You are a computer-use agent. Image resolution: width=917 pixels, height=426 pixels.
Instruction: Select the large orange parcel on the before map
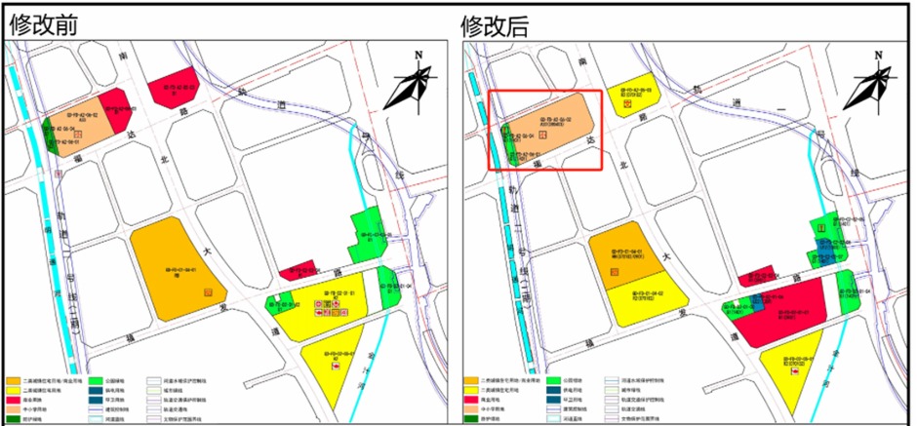click(x=171, y=268)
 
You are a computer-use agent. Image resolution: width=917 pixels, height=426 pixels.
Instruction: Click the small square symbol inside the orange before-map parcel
click(x=207, y=291)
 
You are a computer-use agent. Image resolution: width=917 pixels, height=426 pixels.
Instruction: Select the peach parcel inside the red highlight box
click(x=553, y=127)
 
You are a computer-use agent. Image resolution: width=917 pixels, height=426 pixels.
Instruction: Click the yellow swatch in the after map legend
click(x=473, y=389)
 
